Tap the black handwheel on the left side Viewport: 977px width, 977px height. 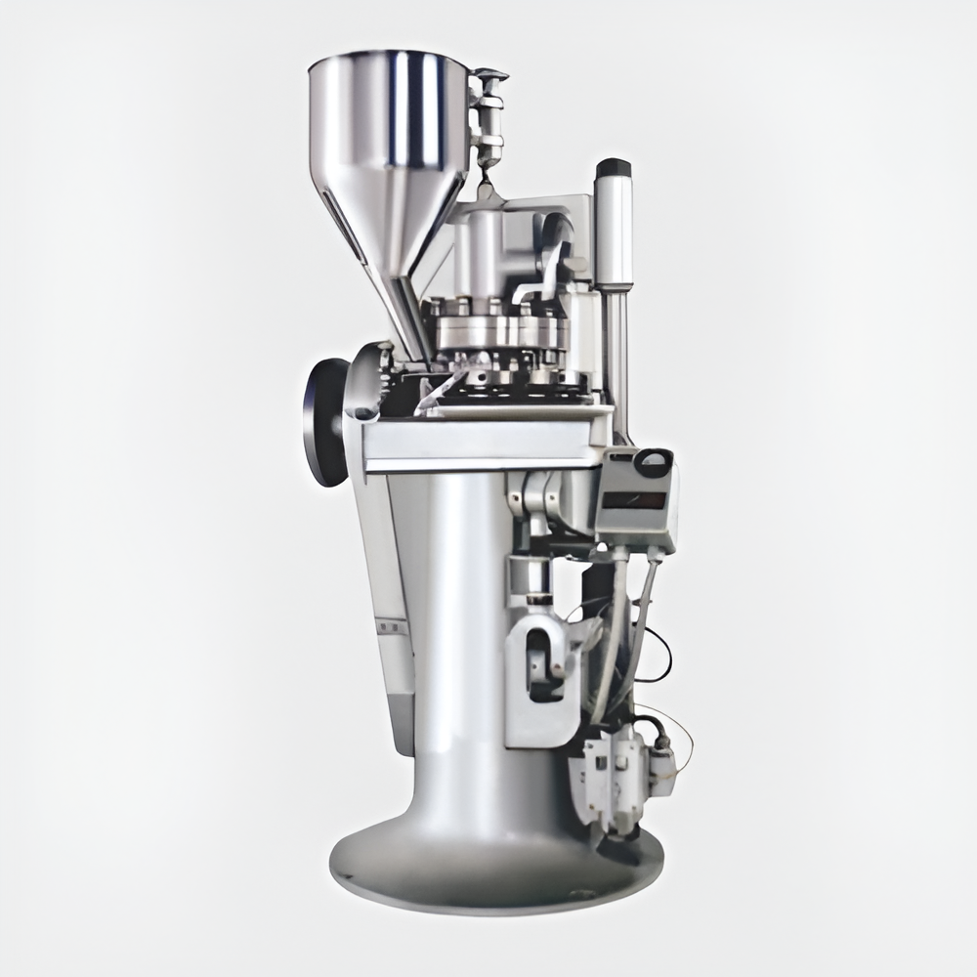[323, 420]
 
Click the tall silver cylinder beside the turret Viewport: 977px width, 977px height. [615, 234]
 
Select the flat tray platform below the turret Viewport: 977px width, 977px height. [479, 440]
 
